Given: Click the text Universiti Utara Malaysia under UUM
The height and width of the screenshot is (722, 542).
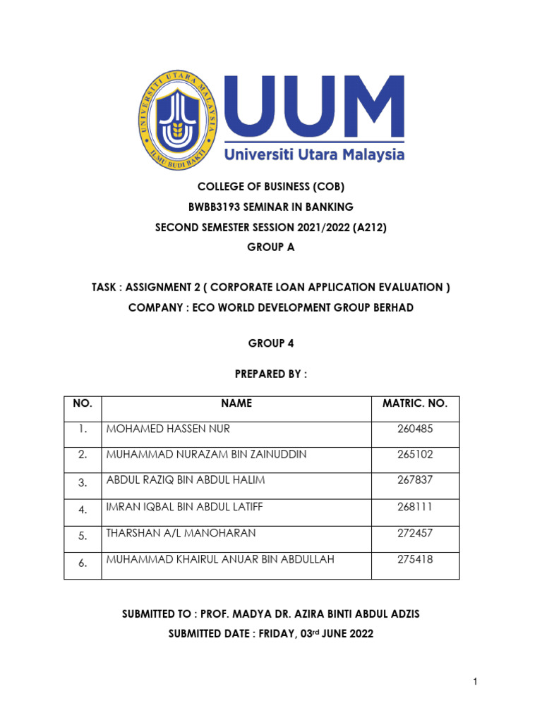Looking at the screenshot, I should (x=314, y=154).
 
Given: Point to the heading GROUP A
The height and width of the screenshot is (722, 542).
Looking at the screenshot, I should (x=271, y=247).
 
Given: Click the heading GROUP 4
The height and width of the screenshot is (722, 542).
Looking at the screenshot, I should (x=271, y=343).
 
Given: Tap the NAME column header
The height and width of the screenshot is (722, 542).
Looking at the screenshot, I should (x=236, y=404).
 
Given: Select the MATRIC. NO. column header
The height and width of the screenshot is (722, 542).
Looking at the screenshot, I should (x=415, y=404).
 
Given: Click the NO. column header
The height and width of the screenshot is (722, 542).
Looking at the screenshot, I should (x=83, y=404).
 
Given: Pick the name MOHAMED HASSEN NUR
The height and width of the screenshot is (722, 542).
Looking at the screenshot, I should (x=168, y=429).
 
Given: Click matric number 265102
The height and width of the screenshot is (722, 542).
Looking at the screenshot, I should (x=415, y=455).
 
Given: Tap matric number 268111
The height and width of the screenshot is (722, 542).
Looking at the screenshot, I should (x=415, y=507).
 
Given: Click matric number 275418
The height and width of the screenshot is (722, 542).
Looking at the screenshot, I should (x=415, y=560).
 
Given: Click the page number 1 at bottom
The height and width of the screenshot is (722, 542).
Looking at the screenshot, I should (x=476, y=681).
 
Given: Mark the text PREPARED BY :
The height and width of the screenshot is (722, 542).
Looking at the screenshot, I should (x=271, y=374).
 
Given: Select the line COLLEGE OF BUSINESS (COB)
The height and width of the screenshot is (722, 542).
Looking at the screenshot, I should (x=271, y=187).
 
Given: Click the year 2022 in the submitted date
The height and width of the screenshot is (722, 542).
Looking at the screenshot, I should (x=358, y=634).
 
